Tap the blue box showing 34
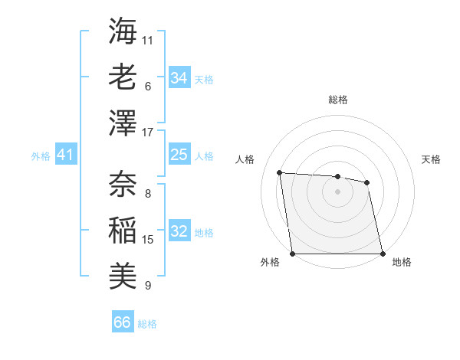(179, 77)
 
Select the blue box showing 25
(179, 155)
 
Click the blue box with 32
(179, 231)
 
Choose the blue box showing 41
(65, 155)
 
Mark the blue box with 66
(123, 322)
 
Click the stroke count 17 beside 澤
(148, 133)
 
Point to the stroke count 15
(148, 240)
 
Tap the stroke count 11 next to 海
(148, 40)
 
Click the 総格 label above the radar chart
(338, 100)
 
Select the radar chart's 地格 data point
(383, 254)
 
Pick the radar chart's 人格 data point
(280, 172)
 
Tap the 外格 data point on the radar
(293, 254)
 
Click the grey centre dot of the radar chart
(338, 191)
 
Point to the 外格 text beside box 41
(41, 155)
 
